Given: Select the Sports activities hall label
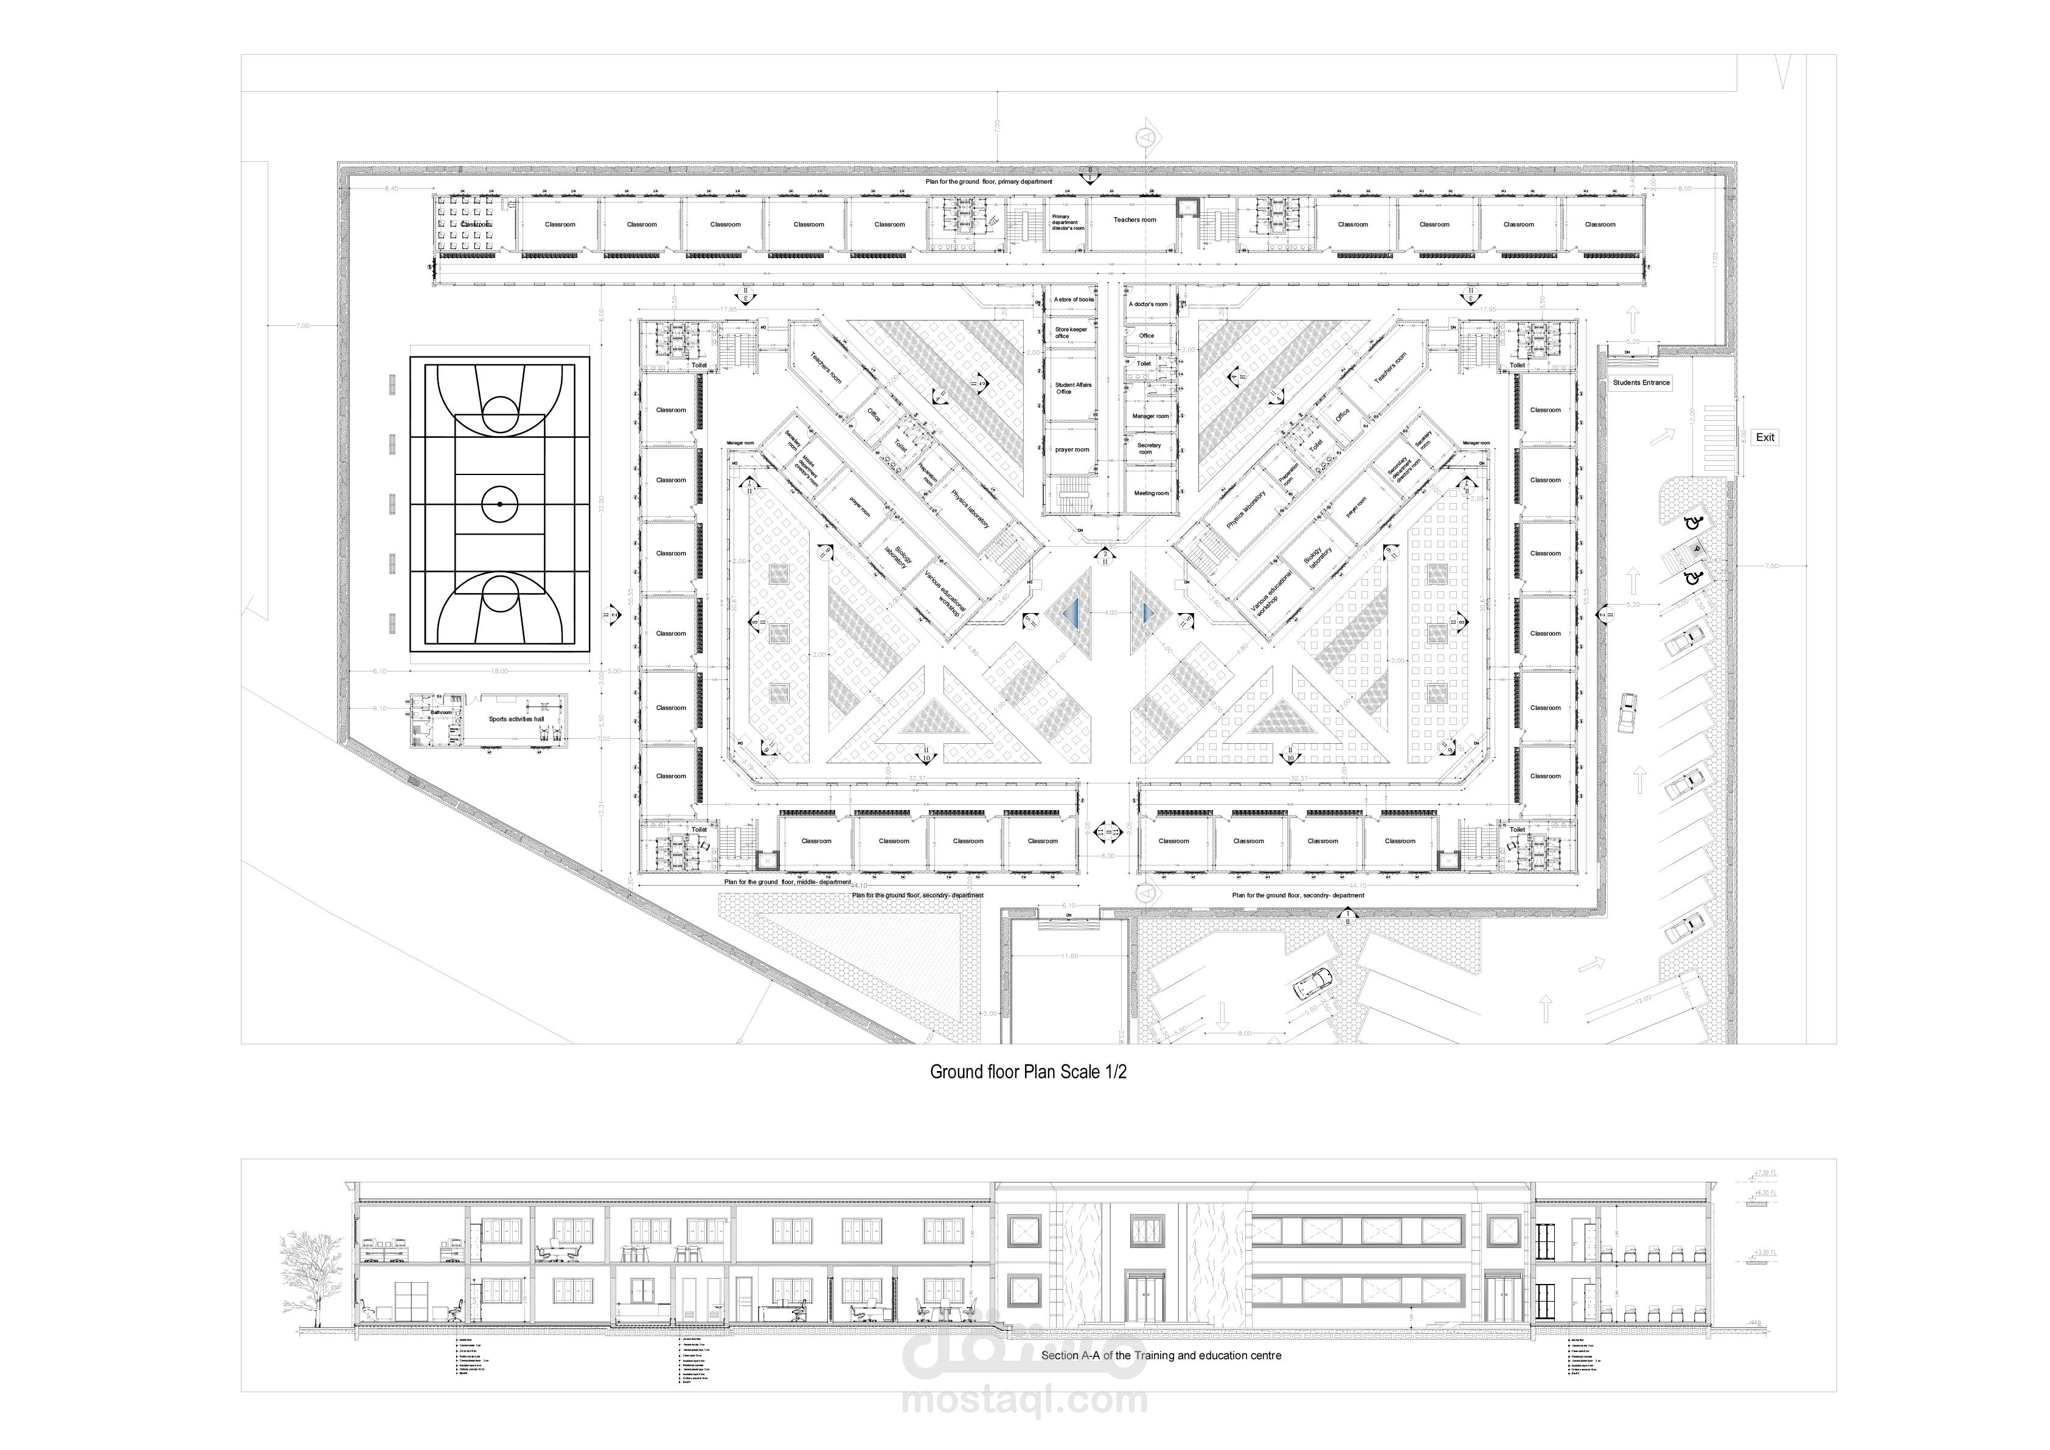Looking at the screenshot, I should pyautogui.click(x=516, y=719).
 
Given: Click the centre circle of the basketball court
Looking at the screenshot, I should pyautogui.click(x=499, y=505).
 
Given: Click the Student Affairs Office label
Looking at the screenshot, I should pyautogui.click(x=1072, y=389).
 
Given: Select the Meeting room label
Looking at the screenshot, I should pyautogui.click(x=1151, y=493).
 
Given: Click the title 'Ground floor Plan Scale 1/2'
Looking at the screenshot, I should pyautogui.click(x=1027, y=1072).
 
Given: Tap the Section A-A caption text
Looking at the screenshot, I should pyautogui.click(x=1161, y=1355).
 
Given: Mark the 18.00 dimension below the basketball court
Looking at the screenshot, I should pyautogui.click(x=498, y=670).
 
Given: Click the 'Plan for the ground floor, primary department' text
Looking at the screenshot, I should pyautogui.click(x=989, y=182).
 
